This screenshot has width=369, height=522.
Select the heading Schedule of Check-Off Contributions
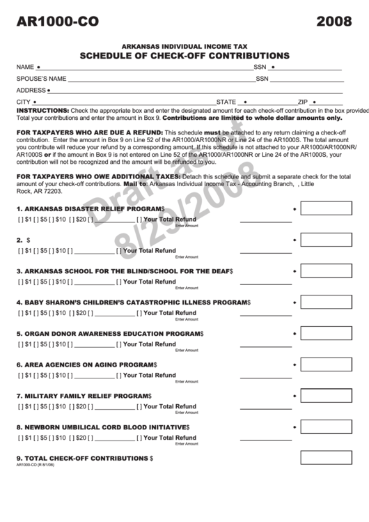pos(184,55)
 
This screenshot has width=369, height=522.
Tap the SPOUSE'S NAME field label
pos(41,79)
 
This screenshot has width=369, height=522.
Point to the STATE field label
pos(227,102)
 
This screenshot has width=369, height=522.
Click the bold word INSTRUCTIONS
pos(42,111)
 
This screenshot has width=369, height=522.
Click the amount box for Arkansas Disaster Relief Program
pos(325,209)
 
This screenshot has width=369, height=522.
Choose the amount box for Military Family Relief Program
pos(325,396)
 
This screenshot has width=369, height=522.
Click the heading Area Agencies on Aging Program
pos(86,364)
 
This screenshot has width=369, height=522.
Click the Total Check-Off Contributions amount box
pos(325,458)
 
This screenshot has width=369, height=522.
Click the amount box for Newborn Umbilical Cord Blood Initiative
pos(325,427)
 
